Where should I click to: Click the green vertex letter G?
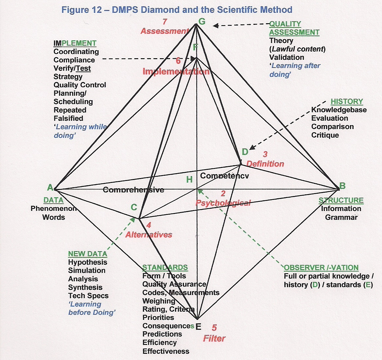[202, 22]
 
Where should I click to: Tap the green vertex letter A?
[50, 188]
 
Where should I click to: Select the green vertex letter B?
[342, 186]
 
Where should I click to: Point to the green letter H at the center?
[190, 179]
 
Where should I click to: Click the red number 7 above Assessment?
[165, 22]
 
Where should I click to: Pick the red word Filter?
[214, 338]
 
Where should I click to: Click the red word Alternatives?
[149, 235]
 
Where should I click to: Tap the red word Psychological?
[223, 203]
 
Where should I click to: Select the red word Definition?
[265, 164]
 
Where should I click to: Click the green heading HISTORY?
[347, 101]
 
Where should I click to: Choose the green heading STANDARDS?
[165, 268]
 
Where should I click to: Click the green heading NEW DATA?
[88, 254]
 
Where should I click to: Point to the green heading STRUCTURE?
[341, 200]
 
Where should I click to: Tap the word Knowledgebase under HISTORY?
[339, 110]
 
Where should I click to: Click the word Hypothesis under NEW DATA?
[88, 262]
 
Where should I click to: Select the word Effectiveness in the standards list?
[166, 352]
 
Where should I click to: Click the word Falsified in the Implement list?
[68, 118]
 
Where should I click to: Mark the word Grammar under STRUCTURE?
[341, 217]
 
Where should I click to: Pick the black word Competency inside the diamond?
[224, 176]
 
